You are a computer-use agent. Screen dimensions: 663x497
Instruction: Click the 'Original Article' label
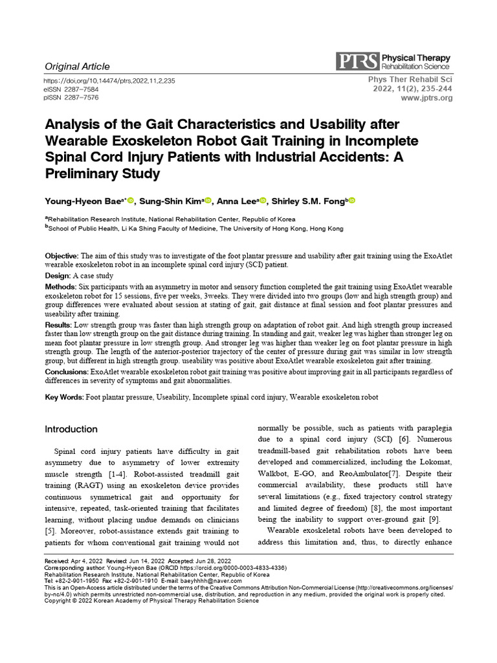click(77, 66)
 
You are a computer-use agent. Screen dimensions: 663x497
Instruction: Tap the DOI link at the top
click(109, 81)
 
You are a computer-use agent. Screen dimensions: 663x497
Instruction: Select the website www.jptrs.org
click(427, 98)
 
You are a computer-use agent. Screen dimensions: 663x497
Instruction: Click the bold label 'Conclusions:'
click(67, 372)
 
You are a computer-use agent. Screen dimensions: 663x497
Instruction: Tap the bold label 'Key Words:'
click(64, 397)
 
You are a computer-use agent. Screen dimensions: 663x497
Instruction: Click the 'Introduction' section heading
click(71, 429)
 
